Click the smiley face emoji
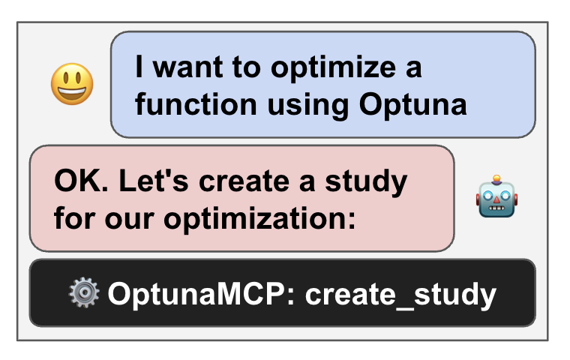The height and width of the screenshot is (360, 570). pyautogui.click(x=72, y=84)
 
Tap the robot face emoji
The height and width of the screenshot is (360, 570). pyautogui.click(x=497, y=196)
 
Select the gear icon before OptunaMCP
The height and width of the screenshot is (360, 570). pyautogui.click(x=84, y=292)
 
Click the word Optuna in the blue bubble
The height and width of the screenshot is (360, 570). pyautogui.click(x=413, y=105)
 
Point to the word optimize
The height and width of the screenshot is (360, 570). pyautogui.click(x=333, y=67)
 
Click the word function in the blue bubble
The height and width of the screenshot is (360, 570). pyautogui.click(x=196, y=104)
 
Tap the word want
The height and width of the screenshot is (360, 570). pyautogui.click(x=188, y=67)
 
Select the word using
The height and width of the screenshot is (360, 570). pyautogui.click(x=308, y=106)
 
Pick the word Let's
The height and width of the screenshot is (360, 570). pyautogui.click(x=154, y=181)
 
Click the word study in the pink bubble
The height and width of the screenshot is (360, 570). pyautogui.click(x=366, y=182)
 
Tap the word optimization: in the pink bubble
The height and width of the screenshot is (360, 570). pyautogui.click(x=259, y=219)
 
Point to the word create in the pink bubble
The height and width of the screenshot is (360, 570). pyautogui.click(x=244, y=181)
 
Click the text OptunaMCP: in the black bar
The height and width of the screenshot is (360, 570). pyautogui.click(x=202, y=295)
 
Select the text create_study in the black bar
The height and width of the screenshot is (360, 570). pyautogui.click(x=400, y=295)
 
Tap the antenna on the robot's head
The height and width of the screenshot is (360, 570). pyautogui.click(x=496, y=179)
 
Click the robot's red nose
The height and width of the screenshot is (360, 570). pyautogui.click(x=496, y=200)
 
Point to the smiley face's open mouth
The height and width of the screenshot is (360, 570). pyautogui.click(x=72, y=92)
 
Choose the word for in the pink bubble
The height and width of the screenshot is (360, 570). pyautogui.click(x=75, y=218)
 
